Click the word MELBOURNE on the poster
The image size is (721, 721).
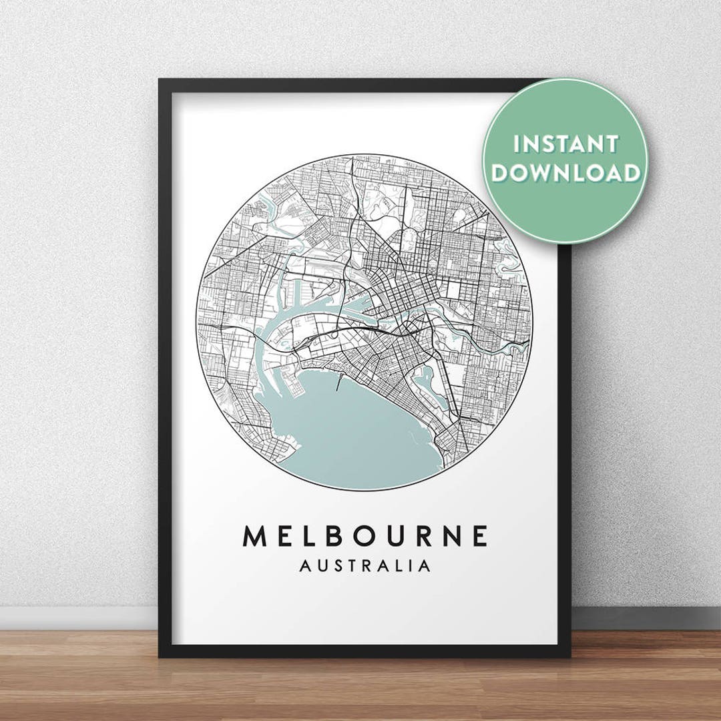coord(365,535)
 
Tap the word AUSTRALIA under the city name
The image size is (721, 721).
coord(365,566)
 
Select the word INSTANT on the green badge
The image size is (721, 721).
coord(565,144)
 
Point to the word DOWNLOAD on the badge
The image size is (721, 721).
coord(565,173)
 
